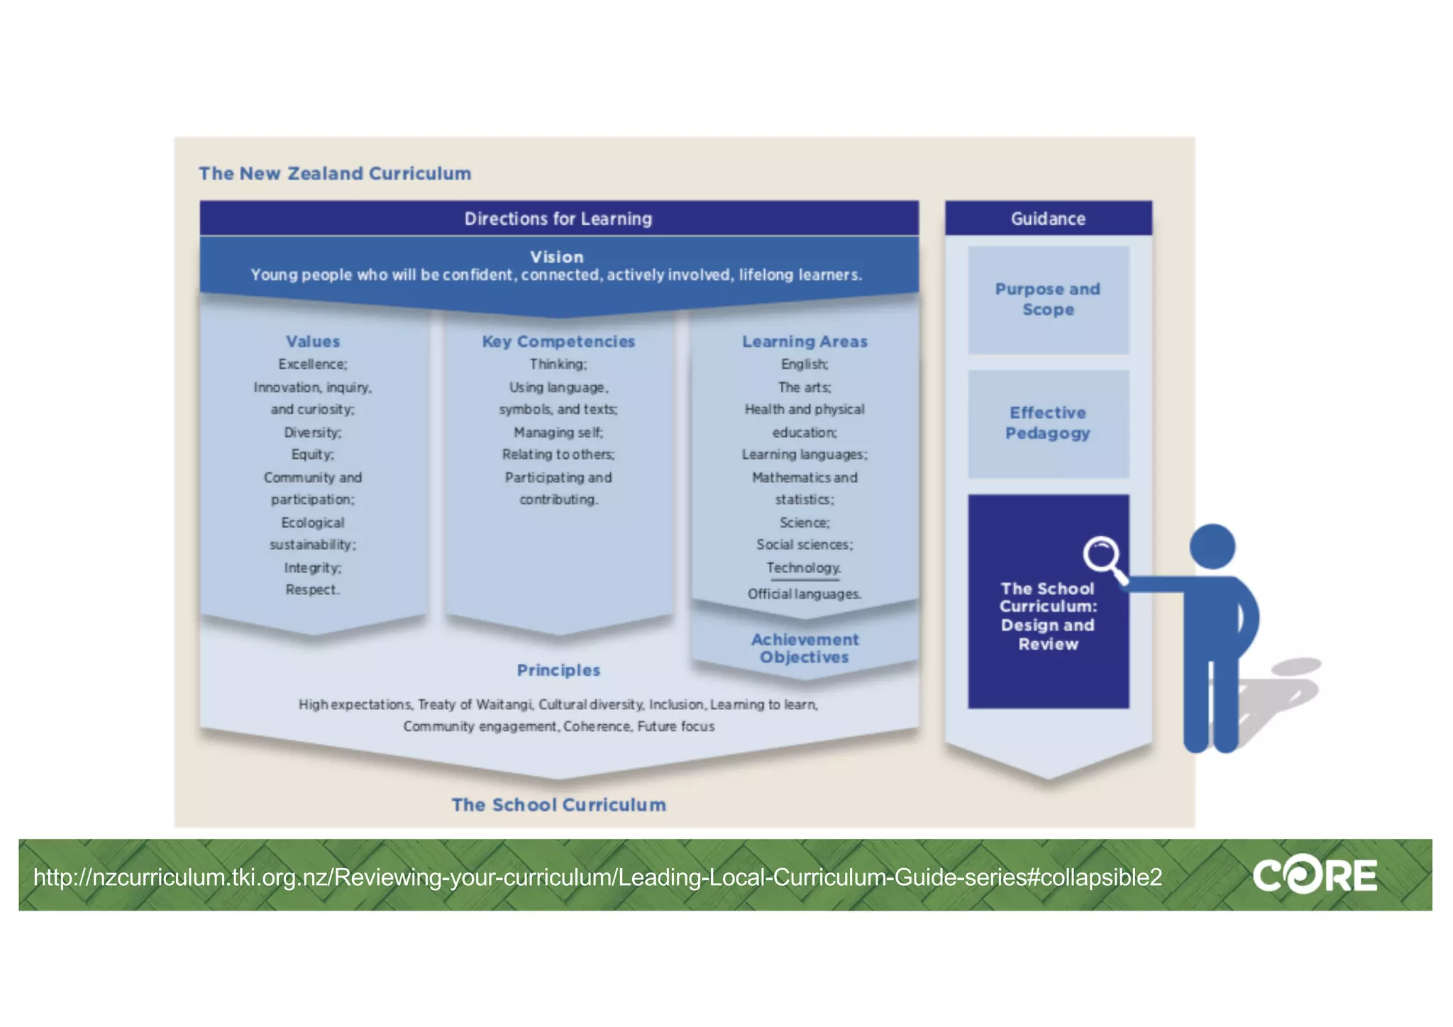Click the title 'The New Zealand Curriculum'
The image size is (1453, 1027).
click(335, 174)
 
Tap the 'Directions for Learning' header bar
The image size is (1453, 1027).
click(558, 218)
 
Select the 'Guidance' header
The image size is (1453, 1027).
click(1048, 218)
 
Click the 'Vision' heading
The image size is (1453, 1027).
click(557, 257)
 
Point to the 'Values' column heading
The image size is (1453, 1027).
click(313, 341)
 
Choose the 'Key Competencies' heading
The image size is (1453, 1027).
click(558, 341)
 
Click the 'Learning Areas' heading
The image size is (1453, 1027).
click(805, 341)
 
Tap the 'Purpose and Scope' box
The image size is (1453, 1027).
click(1048, 299)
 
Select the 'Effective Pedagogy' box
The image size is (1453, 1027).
click(1048, 423)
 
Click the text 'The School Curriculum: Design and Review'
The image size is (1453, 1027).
click(1048, 616)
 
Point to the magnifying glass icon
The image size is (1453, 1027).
click(1102, 555)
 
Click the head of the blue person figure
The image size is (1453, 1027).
click(1212, 546)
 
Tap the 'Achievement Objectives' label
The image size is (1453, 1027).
click(805, 648)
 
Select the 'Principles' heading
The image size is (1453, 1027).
click(558, 670)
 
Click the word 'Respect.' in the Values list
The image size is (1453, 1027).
click(313, 589)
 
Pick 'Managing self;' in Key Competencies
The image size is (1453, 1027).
click(558, 432)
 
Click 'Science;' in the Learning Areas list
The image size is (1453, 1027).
click(805, 522)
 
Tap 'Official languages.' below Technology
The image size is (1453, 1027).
click(805, 594)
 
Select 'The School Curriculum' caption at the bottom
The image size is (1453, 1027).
click(558, 805)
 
